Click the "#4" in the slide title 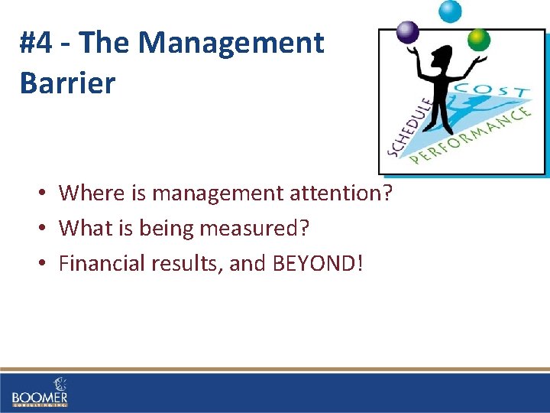pos(37,43)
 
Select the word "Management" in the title pos(231,43)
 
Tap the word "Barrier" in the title pos(67,83)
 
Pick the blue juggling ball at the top pos(449,11)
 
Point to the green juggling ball pos(478,38)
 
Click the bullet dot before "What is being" pos(46,229)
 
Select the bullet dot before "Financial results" pos(46,264)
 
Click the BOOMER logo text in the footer pos(40,397)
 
